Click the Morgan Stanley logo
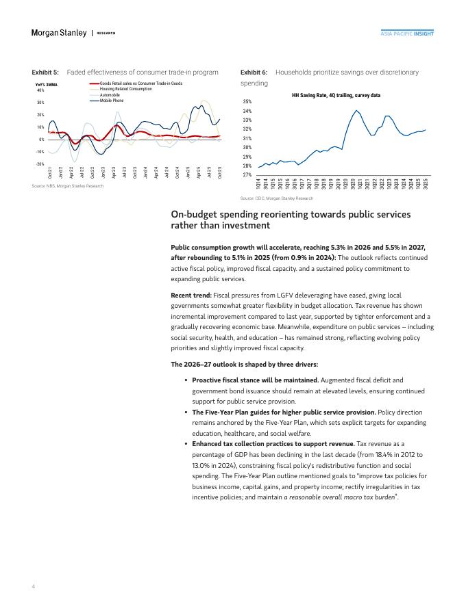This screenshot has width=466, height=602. pos(59,33)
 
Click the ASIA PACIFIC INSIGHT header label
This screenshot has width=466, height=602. pos(407,33)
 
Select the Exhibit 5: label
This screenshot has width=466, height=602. pos(45,72)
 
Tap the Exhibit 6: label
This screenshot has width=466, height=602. pos(254,72)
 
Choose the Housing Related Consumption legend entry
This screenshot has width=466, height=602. pos(125,89)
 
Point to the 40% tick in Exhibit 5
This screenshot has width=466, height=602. pos(40,90)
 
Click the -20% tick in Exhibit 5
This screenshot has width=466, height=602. pos(40,164)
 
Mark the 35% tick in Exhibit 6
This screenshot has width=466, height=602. pos(247,101)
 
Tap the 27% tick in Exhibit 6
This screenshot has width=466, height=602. pos(247,175)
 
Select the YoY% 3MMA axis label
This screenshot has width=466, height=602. pos(46,84)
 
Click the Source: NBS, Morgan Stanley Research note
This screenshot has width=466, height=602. pos(68,186)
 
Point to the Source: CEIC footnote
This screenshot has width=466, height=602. pos(276,198)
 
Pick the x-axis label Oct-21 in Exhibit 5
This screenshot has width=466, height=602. pos(50,172)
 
